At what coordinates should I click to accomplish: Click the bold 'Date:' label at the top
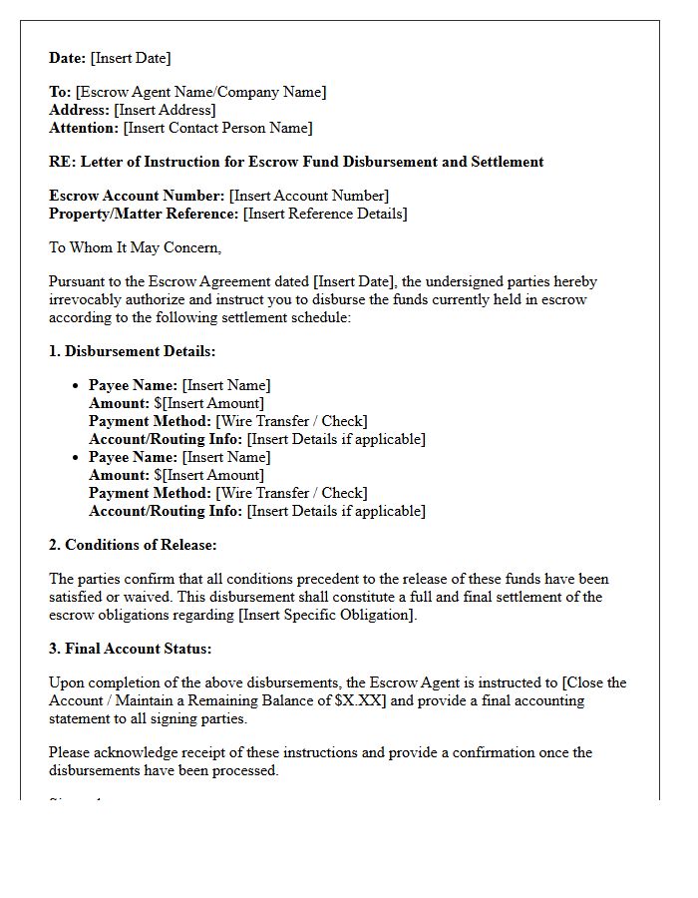(x=67, y=58)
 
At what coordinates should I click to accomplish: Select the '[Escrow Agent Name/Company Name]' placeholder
(x=200, y=92)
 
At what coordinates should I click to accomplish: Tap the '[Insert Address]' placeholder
(x=165, y=110)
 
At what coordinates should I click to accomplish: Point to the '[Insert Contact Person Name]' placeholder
(x=217, y=128)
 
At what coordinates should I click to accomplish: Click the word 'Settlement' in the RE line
(x=507, y=162)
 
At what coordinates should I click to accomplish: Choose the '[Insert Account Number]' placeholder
(x=309, y=196)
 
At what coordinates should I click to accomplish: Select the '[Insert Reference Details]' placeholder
(x=325, y=214)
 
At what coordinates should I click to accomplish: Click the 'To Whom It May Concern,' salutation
(x=136, y=247)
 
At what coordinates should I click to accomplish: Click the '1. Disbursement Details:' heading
(x=133, y=351)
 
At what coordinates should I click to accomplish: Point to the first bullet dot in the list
(x=77, y=385)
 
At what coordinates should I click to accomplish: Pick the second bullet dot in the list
(x=77, y=457)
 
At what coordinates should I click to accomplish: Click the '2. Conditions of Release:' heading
(x=133, y=545)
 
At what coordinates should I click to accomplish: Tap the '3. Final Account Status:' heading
(x=130, y=649)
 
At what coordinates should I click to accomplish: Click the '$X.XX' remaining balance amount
(x=362, y=700)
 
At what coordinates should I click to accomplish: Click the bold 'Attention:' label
(x=84, y=128)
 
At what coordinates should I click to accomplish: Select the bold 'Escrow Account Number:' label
(x=137, y=196)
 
